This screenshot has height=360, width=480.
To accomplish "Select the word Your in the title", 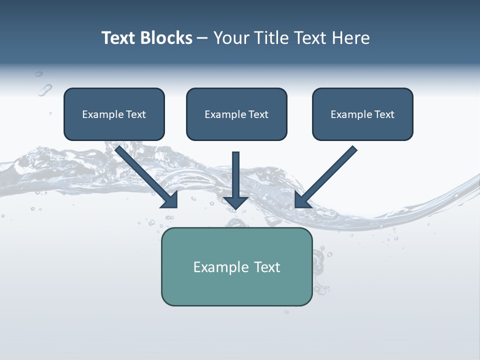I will point(231,38).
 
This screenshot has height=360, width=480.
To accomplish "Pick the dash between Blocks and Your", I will point(202,38).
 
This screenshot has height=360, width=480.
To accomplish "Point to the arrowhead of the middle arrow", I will point(236,202).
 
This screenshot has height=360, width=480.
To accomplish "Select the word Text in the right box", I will point(384,114).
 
